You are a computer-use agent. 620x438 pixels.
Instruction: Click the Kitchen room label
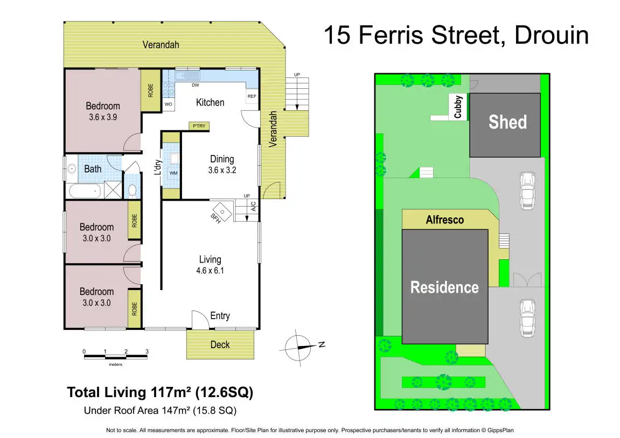210,103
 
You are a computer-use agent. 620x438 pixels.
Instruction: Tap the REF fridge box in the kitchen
252,96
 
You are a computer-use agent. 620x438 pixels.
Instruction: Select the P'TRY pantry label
199,126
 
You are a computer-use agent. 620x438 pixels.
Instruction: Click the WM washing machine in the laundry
173,173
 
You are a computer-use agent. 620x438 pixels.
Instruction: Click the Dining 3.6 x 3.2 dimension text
222,171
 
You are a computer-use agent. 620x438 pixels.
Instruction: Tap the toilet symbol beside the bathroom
133,191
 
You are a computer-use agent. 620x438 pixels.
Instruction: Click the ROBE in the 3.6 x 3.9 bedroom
150,90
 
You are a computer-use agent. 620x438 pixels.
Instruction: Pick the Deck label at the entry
220,345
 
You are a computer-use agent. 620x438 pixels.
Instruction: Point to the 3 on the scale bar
147,351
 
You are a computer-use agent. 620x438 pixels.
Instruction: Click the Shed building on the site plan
505,125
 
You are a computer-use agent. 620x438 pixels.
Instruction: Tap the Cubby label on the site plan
458,107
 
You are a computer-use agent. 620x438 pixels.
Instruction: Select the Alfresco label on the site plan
445,220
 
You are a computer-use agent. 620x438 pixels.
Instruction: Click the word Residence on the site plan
444,287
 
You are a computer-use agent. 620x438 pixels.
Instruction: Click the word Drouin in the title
552,35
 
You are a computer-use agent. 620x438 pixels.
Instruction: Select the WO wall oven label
169,104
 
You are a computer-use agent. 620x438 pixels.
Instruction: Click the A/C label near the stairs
254,206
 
